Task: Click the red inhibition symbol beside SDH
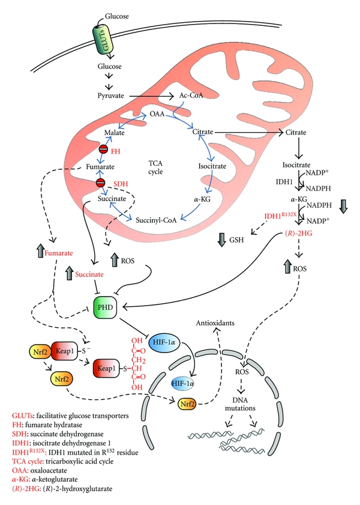click(103, 182)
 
